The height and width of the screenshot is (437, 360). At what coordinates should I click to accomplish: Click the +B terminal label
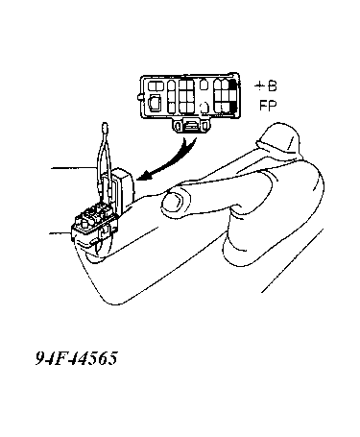pos(266,86)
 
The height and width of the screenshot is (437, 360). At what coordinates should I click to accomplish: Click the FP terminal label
pos(268,106)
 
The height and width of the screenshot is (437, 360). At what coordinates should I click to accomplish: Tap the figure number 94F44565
pos(77,358)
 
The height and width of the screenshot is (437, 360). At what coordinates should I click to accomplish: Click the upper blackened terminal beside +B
pos(234,85)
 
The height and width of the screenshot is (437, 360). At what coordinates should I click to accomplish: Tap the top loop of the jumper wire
pos(105,128)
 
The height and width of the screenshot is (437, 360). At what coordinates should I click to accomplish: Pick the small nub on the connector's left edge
pos(139,97)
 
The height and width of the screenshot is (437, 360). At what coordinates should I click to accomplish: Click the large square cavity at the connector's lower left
pos(156,104)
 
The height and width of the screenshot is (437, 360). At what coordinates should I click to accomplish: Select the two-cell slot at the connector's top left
pos(156,85)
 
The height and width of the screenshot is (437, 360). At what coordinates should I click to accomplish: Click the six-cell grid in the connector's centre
pos(186,96)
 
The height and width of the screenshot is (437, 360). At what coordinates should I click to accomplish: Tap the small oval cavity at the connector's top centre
pos(204,85)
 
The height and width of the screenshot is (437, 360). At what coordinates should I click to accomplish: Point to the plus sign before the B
pos(259,86)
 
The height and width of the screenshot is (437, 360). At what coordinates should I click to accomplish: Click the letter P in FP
pos(273,106)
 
